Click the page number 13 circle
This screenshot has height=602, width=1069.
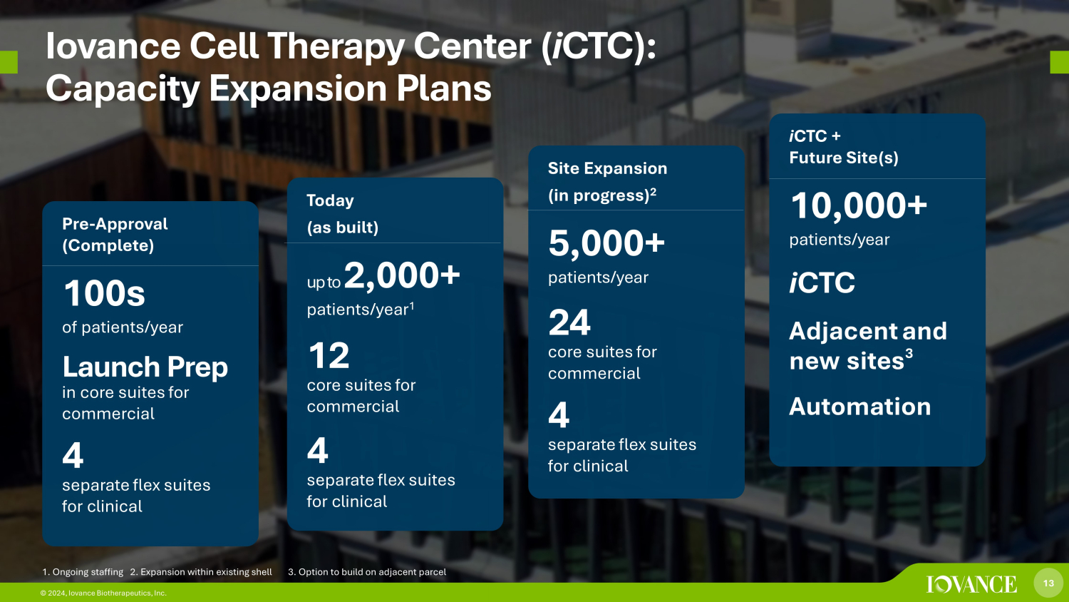pos(1048,583)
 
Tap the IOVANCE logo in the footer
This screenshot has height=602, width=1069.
pos(971,584)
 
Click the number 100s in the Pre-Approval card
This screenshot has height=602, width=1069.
pos(104,293)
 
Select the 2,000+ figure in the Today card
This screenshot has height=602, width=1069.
pos(402,275)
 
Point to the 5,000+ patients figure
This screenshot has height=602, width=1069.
pos(606,243)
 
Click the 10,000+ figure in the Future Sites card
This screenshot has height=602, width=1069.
pos(859,206)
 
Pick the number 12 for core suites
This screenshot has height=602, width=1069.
pos(329,355)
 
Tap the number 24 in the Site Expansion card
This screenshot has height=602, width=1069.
pos(569,322)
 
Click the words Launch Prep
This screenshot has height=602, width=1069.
pos(145,367)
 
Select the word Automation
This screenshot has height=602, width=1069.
pos(860,407)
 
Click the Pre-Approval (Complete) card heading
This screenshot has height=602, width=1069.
pos(115,235)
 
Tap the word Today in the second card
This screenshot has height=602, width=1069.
pos(330,200)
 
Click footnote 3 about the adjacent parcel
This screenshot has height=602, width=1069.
pos(367,572)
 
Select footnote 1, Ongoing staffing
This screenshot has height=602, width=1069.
pos(83,572)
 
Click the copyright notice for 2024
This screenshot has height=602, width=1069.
pos(103,593)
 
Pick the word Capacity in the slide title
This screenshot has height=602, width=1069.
pos(123,88)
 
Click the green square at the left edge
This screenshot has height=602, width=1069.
pos(9,62)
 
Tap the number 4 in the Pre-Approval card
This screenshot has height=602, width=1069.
pos(73,455)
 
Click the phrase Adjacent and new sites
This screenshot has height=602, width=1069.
pos(867,345)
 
